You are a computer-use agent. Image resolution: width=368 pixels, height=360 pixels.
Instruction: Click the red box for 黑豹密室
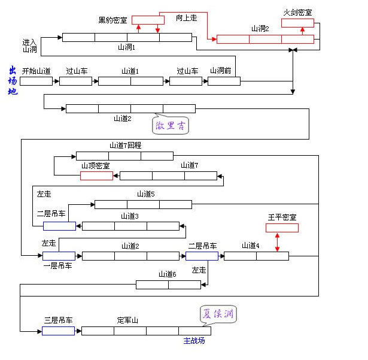pyautogui.click(x=147, y=20)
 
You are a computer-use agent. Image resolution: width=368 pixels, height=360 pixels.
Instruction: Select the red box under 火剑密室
pyautogui.click(x=297, y=23)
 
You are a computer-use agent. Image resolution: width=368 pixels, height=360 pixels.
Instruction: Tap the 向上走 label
pyautogui.click(x=186, y=18)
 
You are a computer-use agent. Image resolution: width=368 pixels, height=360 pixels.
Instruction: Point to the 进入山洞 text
pyautogui.click(x=30, y=46)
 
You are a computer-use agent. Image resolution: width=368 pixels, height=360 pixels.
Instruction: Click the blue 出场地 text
pyautogui.click(x=13, y=81)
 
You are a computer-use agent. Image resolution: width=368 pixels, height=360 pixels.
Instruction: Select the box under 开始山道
pyautogui.click(x=36, y=81)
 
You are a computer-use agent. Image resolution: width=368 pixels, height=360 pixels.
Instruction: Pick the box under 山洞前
pyautogui.click(x=224, y=81)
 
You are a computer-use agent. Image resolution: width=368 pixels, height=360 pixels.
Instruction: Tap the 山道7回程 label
pyautogui.click(x=125, y=146)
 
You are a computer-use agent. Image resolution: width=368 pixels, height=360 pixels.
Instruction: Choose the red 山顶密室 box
pyautogui.click(x=96, y=176)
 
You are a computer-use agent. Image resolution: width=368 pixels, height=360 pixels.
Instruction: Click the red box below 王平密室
pyautogui.click(x=282, y=228)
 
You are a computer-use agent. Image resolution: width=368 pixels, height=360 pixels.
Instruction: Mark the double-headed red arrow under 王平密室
pyautogui.click(x=277, y=242)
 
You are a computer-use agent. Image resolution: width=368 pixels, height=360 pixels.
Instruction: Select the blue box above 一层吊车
pyautogui.click(x=59, y=256)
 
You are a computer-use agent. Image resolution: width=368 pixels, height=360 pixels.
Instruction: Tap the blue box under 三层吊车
pyautogui.click(x=59, y=331)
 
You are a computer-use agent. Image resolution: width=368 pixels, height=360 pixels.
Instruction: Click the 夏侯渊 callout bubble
pyautogui.click(x=218, y=314)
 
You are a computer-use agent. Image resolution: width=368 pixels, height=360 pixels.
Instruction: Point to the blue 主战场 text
pyautogui.click(x=194, y=341)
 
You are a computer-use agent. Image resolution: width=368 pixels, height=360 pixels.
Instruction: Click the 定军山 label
pyautogui.click(x=127, y=320)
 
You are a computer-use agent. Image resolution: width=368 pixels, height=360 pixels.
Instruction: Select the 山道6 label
pyautogui.click(x=167, y=274)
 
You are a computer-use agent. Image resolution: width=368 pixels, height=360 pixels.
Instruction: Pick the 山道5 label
pyautogui.click(x=145, y=194)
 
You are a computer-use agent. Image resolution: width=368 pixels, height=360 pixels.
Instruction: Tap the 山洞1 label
pyautogui.click(x=126, y=47)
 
